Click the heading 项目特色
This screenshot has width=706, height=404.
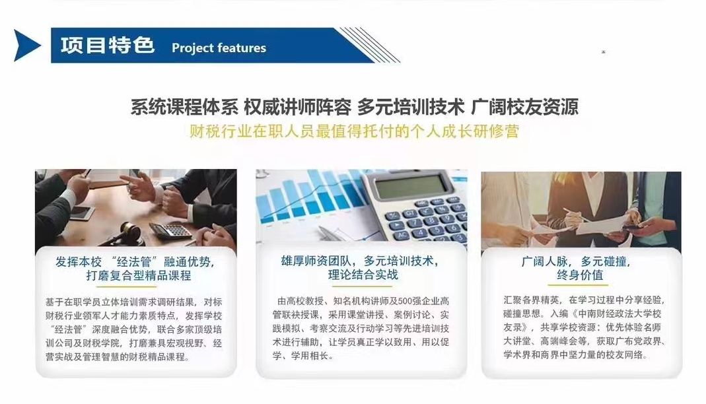(108, 46)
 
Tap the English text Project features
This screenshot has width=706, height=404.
(219, 48)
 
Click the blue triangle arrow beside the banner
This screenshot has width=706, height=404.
(27, 46)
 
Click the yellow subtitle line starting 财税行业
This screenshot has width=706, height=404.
(353, 131)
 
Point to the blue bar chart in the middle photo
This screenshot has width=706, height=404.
(304, 198)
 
